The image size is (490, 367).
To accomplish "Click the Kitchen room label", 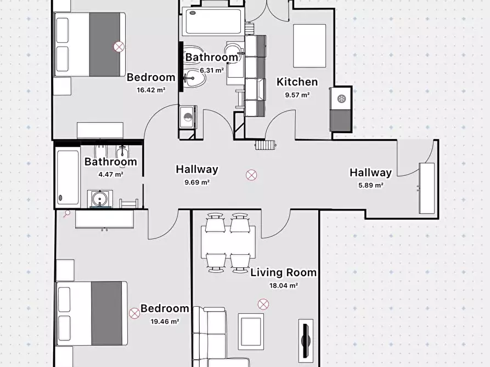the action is click(297, 82).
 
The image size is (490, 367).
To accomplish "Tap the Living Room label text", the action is click(284, 272).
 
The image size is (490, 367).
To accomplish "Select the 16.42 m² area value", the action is click(151, 90).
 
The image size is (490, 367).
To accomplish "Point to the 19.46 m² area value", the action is click(165, 321).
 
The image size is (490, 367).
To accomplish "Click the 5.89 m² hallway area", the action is click(370, 185).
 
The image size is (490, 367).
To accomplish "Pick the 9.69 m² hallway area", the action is click(197, 182).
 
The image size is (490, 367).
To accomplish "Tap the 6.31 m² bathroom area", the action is click(212, 70).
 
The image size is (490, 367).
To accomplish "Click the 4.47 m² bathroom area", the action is click(111, 174).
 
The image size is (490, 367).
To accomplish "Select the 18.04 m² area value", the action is click(284, 285).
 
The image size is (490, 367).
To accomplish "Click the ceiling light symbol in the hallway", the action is click(251, 175).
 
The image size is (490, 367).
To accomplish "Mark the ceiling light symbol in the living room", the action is click(263, 304).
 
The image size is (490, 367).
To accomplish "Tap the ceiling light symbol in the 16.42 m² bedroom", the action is click(119, 47).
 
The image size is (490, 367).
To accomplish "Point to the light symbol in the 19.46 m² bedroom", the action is click(134, 313).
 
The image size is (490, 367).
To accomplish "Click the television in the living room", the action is click(306, 339).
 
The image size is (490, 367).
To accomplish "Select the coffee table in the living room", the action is click(251, 332).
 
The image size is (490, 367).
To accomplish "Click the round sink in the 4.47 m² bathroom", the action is click(100, 198).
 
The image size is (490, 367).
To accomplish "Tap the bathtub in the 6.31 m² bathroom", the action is click(213, 21).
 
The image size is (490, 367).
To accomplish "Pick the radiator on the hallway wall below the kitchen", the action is click(266, 145).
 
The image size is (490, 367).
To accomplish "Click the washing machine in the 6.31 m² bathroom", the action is click(188, 117).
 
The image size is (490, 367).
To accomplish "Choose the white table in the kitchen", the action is click(309, 46).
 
